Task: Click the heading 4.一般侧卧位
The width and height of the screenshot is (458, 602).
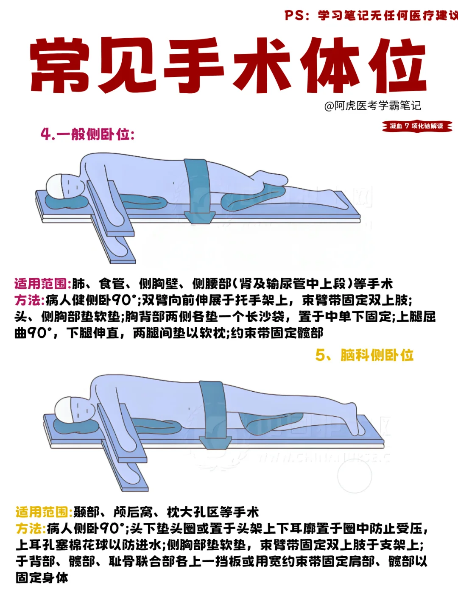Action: pos(87,134)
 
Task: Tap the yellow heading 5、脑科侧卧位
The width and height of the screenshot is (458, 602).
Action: pos(364,355)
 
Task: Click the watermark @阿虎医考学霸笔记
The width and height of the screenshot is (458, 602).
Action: pos(372,106)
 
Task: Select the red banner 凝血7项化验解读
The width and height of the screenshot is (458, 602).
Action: pos(417,126)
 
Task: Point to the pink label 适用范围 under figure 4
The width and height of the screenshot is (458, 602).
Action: pos(42,284)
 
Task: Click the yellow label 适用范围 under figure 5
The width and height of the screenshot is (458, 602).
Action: pos(44,512)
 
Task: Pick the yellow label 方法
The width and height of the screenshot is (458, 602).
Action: pos(31,529)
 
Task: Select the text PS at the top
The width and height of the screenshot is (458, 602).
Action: pos(295,15)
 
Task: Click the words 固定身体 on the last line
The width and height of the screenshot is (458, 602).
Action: pos(42,578)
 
